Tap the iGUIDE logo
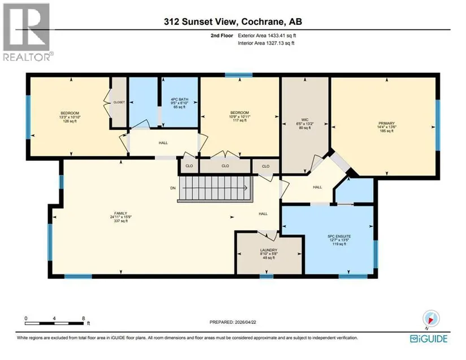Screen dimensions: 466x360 pyautogui.click(x=429, y=339)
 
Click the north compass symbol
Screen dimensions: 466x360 pyautogui.click(x=431, y=319)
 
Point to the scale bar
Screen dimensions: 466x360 pyautogui.click(x=55, y=323)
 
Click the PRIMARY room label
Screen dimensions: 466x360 pyautogui.click(x=386, y=127)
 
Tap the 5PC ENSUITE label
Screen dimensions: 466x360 pyautogui.click(x=339, y=240)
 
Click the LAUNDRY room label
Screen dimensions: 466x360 pyautogui.click(x=269, y=254)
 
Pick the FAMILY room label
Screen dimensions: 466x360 pyautogui.click(x=121, y=217)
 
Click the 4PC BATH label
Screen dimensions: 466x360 pyautogui.click(x=179, y=103)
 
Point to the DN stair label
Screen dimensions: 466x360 pyautogui.click(x=173, y=188)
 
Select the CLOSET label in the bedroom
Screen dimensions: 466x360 pyautogui.click(x=119, y=102)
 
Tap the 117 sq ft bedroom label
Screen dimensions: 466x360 pyautogui.click(x=239, y=116)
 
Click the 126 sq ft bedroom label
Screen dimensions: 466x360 pyautogui.click(x=70, y=117)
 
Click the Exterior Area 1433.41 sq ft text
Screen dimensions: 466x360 pyautogui.click(x=267, y=36)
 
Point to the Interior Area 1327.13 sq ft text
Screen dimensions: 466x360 pyautogui.click(x=266, y=43)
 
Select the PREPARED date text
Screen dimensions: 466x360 pyautogui.click(x=233, y=322)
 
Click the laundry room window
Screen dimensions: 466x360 pyautogui.click(x=266, y=276)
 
